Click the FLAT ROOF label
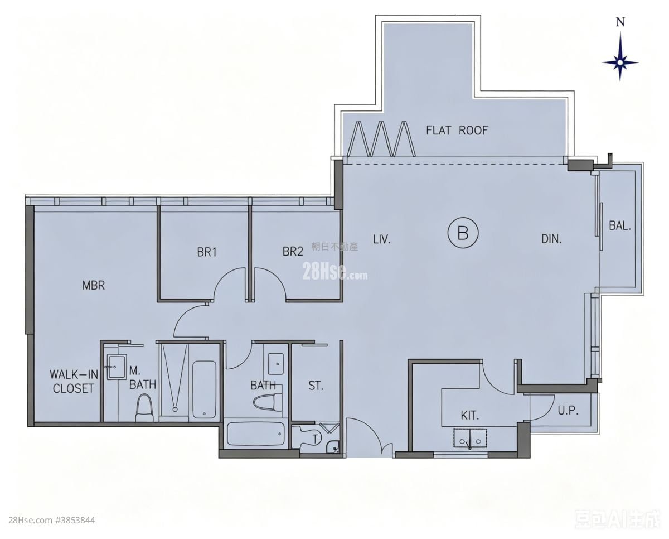tap(457, 131)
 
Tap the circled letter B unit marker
tap(463, 233)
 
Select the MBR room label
tap(94, 285)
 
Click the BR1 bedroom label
tap(207, 252)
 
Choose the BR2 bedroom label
tap(293, 252)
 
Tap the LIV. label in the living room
tap(382, 239)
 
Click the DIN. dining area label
tap(551, 239)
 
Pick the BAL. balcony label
tap(620, 225)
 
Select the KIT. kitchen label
tap(470, 416)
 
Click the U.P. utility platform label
tap(568, 411)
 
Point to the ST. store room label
tap(316, 386)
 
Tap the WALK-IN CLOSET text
tap(74, 382)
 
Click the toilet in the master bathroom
tap(144, 408)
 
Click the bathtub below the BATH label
tap(255, 434)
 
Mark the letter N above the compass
tap(620, 22)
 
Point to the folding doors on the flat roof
tap(381, 139)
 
